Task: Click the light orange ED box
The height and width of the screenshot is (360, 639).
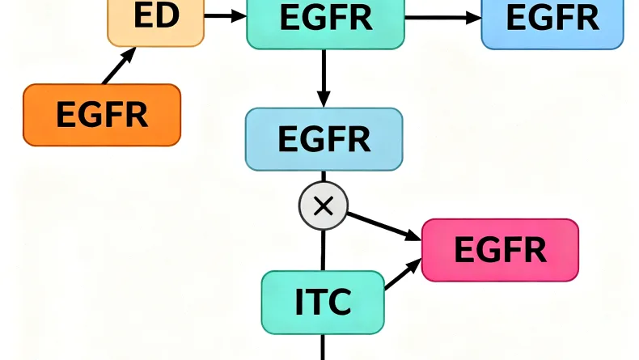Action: click(x=156, y=21)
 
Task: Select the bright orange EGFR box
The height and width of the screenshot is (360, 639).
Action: click(x=102, y=115)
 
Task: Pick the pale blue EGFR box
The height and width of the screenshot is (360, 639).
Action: click(x=324, y=138)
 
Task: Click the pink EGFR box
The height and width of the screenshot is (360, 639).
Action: click(x=500, y=249)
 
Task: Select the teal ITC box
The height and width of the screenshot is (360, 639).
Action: click(x=323, y=302)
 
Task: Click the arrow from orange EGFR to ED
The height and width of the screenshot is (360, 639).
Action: click(x=120, y=66)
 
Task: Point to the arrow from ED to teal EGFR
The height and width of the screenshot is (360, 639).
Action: click(x=226, y=15)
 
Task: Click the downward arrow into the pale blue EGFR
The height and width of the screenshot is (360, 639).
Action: click(x=324, y=78)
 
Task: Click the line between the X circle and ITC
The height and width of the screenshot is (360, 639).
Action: click(x=323, y=248)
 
